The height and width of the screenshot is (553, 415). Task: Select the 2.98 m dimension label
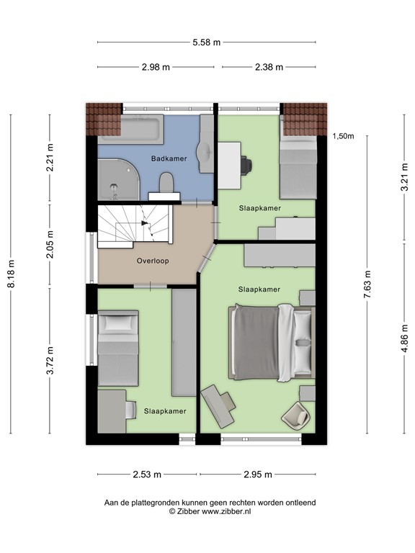tap(156, 67)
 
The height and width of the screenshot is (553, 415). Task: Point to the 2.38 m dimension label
tap(269, 67)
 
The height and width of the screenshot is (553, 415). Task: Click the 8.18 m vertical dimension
tap(11, 274)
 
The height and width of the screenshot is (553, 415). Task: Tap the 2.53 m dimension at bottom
tap(147, 475)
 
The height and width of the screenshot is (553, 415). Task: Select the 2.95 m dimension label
tap(257, 475)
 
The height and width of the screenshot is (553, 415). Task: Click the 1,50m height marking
tap(344, 136)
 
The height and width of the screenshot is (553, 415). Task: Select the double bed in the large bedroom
tap(272, 341)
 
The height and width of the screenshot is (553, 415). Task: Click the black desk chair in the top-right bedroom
tap(246, 164)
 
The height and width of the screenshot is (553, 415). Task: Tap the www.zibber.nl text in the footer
tap(228, 511)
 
